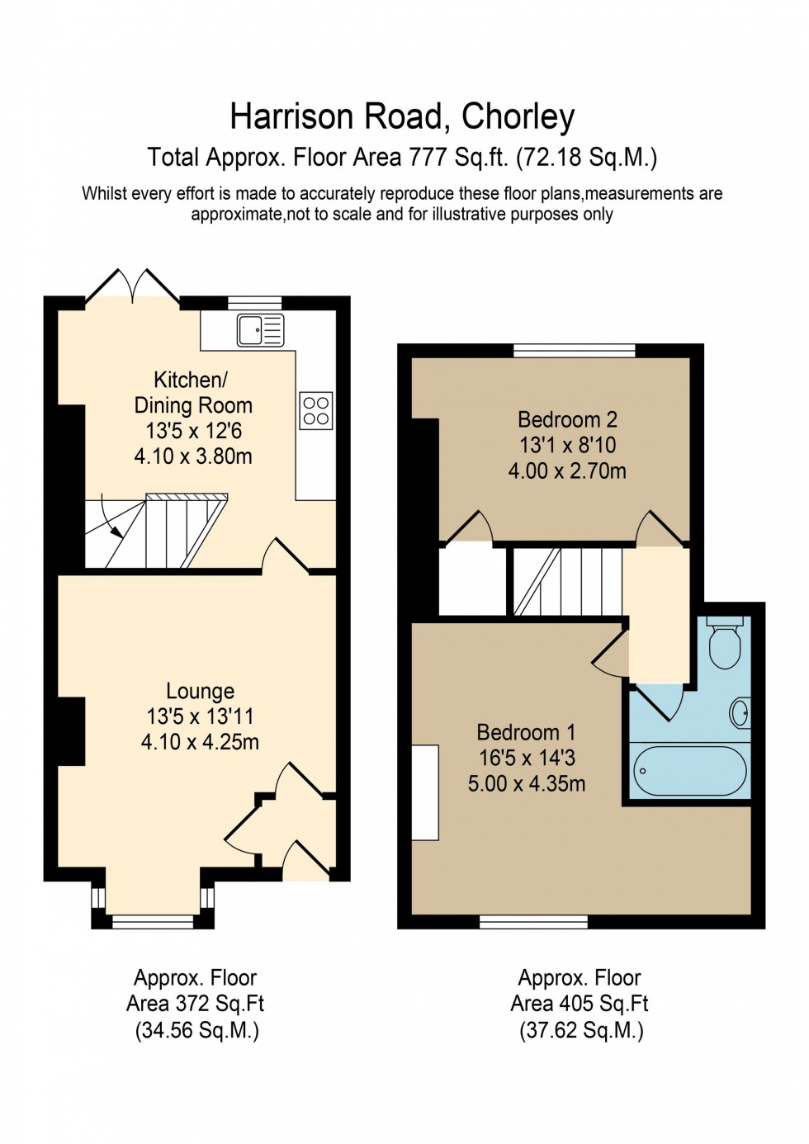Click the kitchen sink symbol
click(x=260, y=330)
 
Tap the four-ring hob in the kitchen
click(x=316, y=411)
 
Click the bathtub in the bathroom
click(x=690, y=771)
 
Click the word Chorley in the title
click(x=518, y=117)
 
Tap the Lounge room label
click(x=200, y=691)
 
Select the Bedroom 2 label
click(x=567, y=419)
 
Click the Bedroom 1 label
click(x=526, y=732)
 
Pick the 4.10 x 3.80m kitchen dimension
click(x=193, y=456)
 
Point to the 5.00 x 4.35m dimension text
click(x=527, y=783)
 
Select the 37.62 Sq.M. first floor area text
click(x=581, y=1030)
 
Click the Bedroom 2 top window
click(x=575, y=351)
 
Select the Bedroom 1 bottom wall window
click(x=533, y=922)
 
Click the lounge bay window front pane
click(x=153, y=922)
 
